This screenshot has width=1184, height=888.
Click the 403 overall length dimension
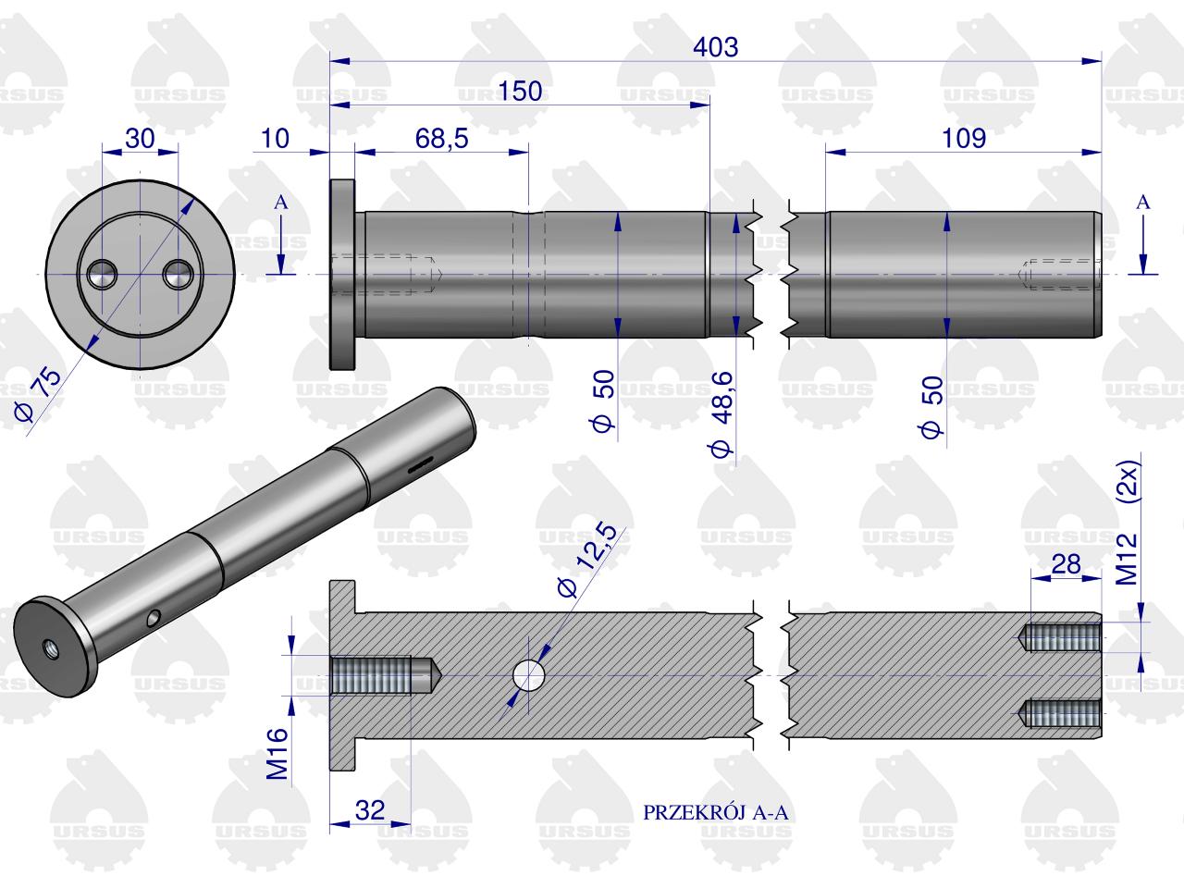point(715,47)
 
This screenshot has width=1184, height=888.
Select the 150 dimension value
point(520,92)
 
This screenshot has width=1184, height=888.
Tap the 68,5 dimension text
point(441,139)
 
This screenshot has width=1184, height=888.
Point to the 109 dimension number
point(963,139)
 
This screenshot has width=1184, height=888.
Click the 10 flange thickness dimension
point(275,139)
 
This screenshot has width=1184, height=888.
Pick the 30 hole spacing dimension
point(140,139)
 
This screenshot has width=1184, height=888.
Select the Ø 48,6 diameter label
point(721,414)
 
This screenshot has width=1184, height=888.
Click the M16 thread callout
point(277,753)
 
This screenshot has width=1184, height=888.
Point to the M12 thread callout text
point(1127,559)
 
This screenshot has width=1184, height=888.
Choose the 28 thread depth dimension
point(1066,564)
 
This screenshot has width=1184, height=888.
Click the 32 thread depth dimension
point(370,809)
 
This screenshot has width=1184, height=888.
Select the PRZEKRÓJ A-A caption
point(715,812)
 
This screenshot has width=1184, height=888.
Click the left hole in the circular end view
point(102,275)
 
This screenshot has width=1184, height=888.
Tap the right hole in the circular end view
point(178,275)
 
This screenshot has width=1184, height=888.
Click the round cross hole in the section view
point(528,675)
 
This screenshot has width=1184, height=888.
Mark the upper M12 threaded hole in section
point(1059,637)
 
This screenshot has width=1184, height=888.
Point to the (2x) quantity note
point(1127,483)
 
